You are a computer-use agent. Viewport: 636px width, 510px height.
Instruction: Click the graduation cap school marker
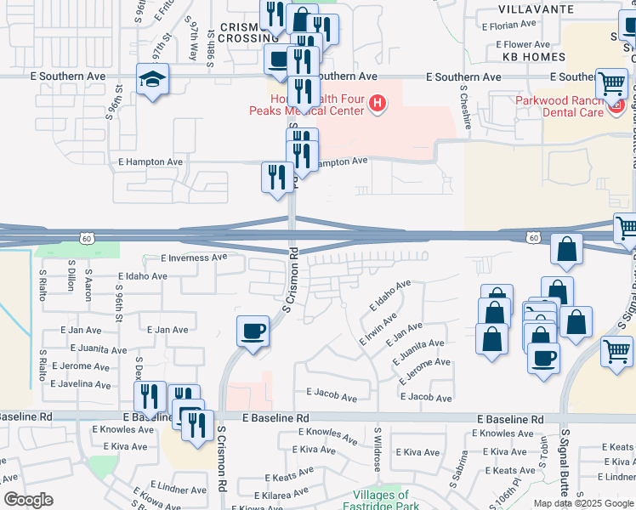(x=154, y=80)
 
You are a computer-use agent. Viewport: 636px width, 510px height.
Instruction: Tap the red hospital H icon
(x=378, y=105)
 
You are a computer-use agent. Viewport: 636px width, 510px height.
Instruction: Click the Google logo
(x=29, y=500)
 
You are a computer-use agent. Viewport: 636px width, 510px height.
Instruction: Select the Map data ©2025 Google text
(x=582, y=502)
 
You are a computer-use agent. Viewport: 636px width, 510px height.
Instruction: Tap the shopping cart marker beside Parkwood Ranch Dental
(x=612, y=84)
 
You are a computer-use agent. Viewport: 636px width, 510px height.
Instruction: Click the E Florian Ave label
(x=517, y=27)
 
